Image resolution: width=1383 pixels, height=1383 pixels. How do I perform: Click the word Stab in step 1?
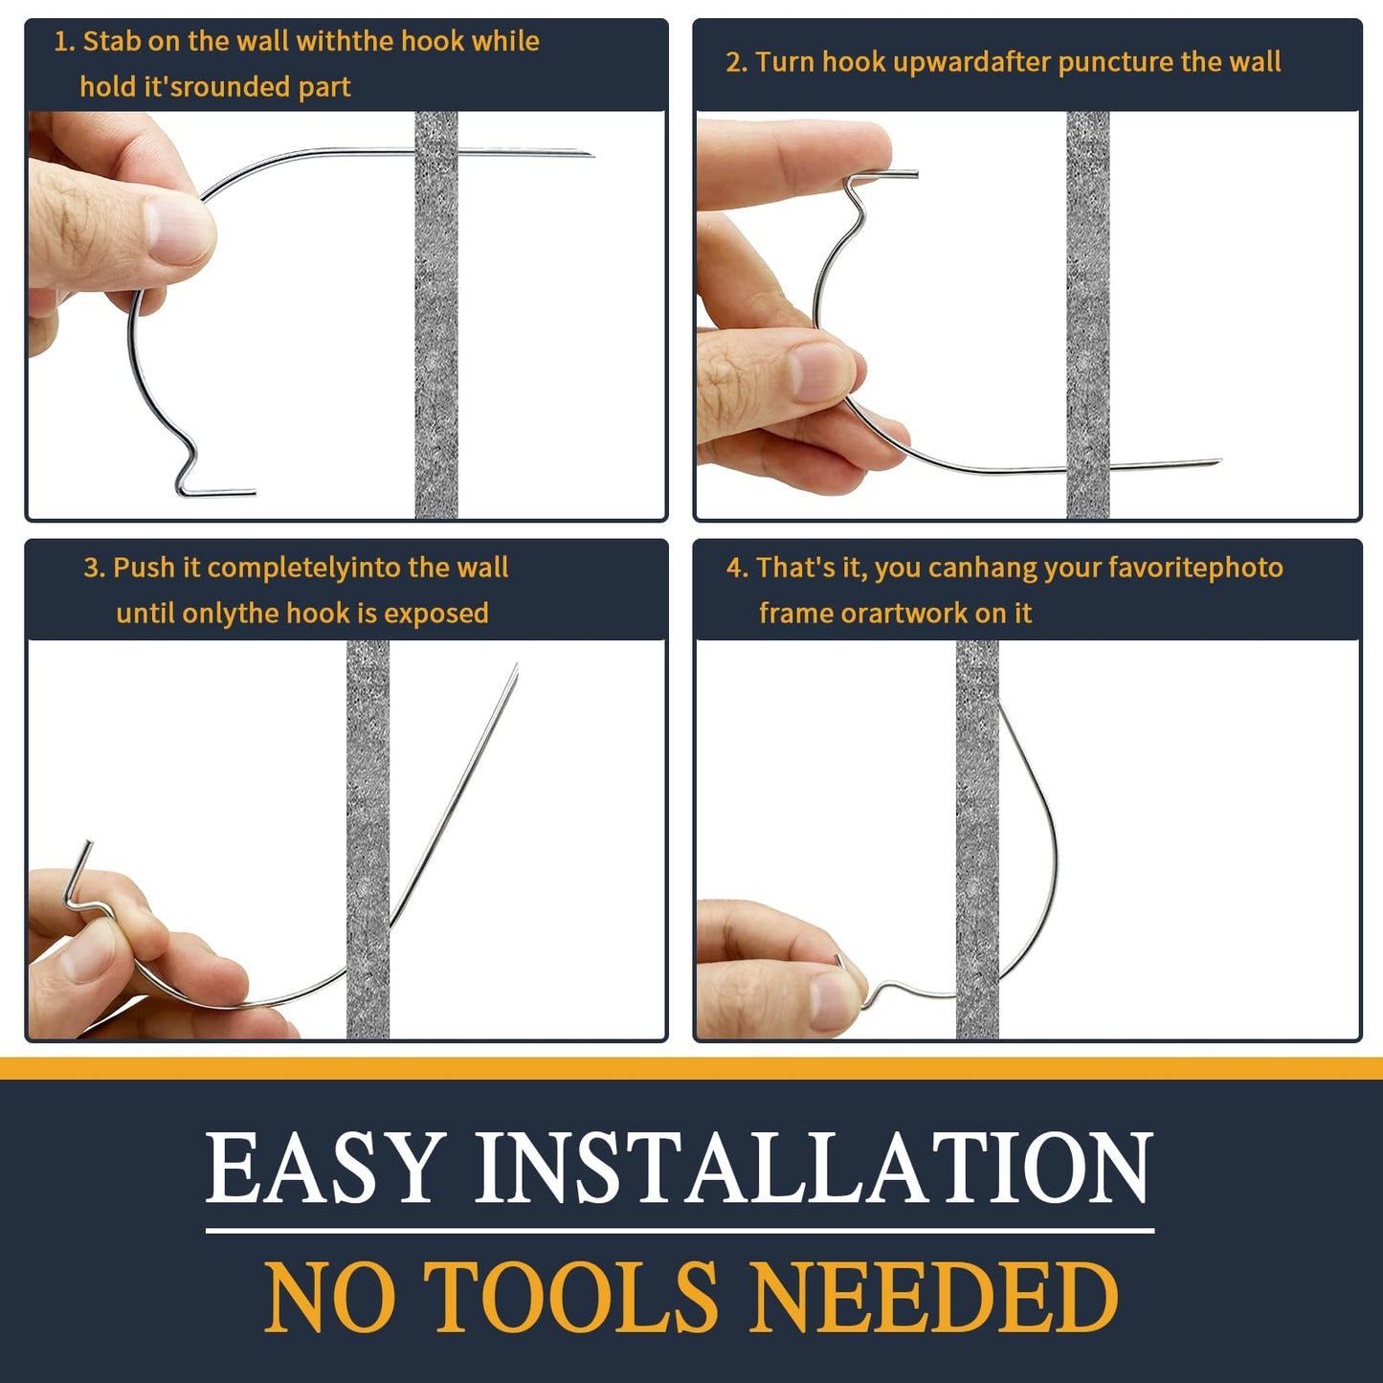pos(111,41)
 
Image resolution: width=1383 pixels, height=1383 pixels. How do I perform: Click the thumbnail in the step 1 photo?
pos(182,230)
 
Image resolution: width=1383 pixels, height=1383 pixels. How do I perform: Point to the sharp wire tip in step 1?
pos(589,154)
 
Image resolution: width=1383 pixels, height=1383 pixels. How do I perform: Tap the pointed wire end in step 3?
pos(516,668)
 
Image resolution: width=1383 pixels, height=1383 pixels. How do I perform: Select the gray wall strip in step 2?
pos(1088,316)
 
